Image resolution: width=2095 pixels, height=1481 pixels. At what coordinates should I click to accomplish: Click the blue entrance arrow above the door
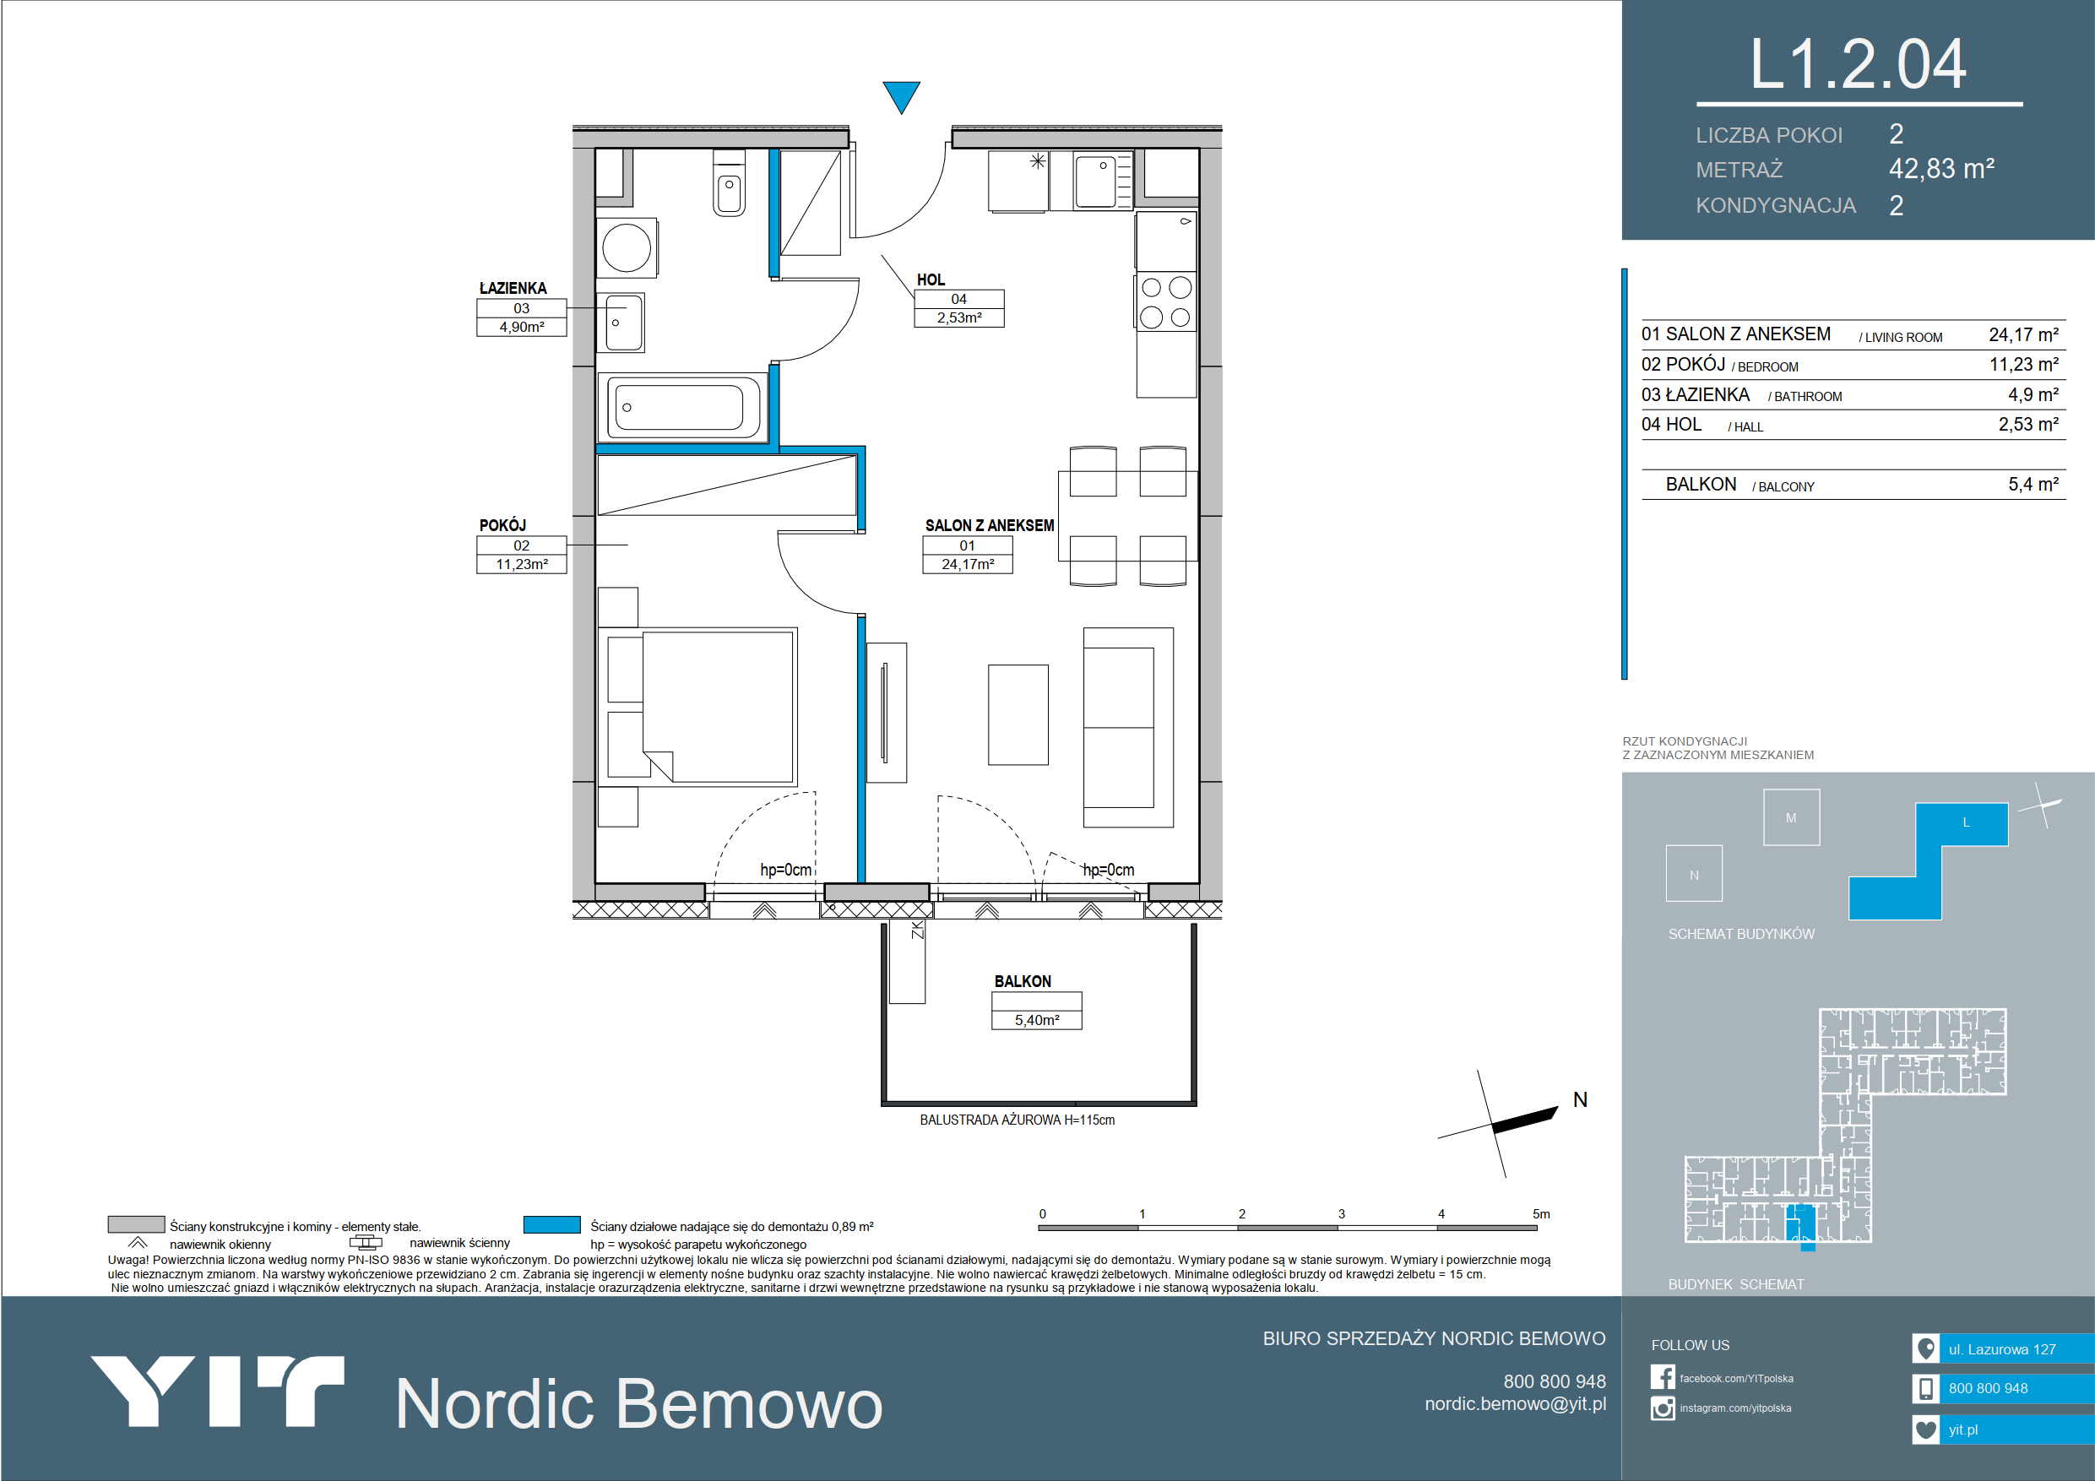(x=901, y=95)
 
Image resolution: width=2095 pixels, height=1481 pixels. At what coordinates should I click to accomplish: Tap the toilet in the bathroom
(x=728, y=182)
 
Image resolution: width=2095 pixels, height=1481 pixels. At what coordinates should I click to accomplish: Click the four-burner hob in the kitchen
(x=1165, y=302)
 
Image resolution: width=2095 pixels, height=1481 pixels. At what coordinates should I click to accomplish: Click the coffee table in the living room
(x=1018, y=714)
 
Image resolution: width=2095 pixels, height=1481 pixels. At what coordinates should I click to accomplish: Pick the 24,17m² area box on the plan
(x=967, y=564)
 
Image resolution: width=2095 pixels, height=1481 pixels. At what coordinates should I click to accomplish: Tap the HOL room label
(x=931, y=280)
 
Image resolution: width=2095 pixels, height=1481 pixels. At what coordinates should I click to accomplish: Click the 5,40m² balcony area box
(x=1037, y=1019)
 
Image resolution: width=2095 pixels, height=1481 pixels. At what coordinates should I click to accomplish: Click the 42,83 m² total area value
(x=1941, y=169)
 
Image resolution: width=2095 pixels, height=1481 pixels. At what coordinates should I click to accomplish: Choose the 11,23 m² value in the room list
(x=2024, y=364)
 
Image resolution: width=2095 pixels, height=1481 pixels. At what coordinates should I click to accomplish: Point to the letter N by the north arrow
(x=1581, y=1099)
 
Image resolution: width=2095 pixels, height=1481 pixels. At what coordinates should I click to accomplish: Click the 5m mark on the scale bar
(x=1541, y=1213)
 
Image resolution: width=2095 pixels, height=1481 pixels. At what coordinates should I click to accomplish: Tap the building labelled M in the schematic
(x=1791, y=816)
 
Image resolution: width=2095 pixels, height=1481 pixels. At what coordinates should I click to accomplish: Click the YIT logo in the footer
(x=217, y=1391)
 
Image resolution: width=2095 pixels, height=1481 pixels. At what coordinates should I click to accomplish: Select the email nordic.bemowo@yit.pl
(x=1516, y=1403)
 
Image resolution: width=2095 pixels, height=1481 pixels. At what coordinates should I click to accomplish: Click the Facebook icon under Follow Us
(x=1663, y=1377)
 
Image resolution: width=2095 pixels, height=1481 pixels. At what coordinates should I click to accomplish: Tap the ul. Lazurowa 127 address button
(x=2003, y=1348)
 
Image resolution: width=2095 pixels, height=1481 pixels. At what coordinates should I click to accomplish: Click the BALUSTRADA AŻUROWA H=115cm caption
(x=1018, y=1120)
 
